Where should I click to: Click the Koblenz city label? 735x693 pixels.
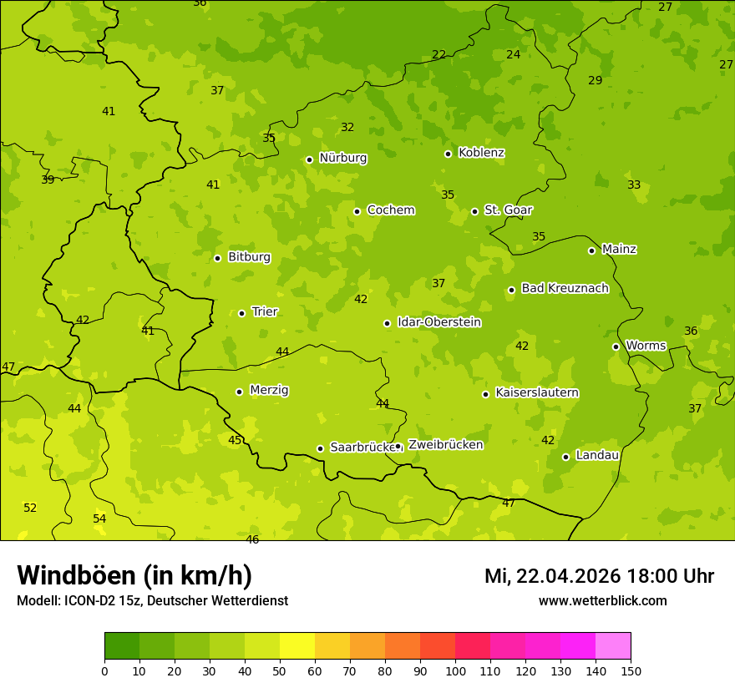[x=481, y=153]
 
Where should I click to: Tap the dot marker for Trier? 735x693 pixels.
[x=242, y=313]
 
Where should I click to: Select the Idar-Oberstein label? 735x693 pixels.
[x=439, y=322]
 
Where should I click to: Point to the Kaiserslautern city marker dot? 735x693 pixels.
[x=485, y=394]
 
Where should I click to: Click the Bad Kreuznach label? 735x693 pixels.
[x=565, y=288]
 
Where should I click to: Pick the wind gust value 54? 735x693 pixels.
[x=99, y=518]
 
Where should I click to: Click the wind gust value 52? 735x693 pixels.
[x=30, y=508]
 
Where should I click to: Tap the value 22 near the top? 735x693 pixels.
[x=438, y=54]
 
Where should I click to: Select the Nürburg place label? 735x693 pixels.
[x=342, y=157]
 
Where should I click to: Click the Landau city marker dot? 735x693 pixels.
[x=565, y=457]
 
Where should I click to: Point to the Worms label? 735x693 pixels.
[x=646, y=346]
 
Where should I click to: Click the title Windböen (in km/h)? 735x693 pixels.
[x=134, y=575]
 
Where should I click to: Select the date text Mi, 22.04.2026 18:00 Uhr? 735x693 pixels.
[x=599, y=576]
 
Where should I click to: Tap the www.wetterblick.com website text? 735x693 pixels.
[x=602, y=601]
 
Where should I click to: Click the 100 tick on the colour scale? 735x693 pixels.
[x=455, y=670]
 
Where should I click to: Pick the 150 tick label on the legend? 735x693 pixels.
[x=631, y=670]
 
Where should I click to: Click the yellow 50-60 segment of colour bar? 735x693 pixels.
[x=297, y=646]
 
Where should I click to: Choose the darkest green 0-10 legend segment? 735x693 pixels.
[x=122, y=646]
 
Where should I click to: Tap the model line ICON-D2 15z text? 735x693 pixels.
[x=152, y=601]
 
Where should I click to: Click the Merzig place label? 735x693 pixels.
[x=269, y=390]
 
